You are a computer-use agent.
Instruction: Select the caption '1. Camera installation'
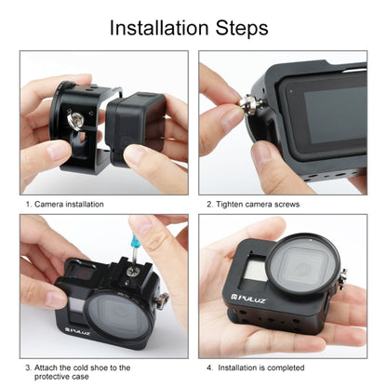64,204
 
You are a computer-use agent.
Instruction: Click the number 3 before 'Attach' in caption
29,367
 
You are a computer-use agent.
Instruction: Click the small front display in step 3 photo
73,301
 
